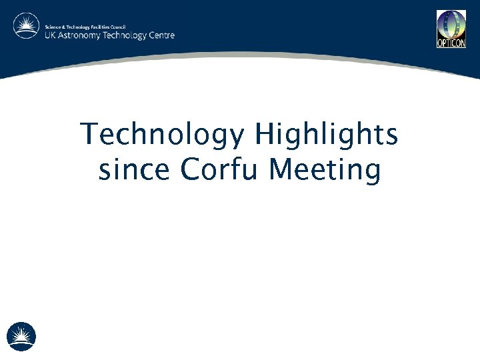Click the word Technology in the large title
[162, 135]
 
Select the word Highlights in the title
[326, 135]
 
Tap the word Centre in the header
[162, 35]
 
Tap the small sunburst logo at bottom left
[21, 336]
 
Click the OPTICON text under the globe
[451, 44]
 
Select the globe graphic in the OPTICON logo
[451, 25]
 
